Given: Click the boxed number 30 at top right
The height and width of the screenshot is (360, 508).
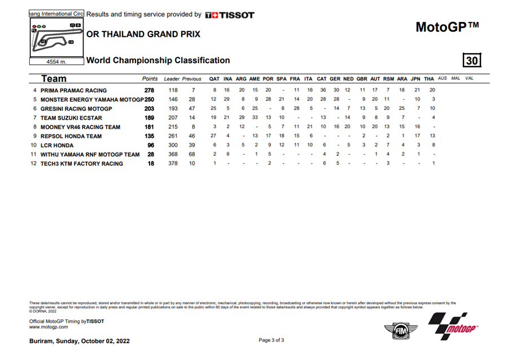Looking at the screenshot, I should coord(471,60).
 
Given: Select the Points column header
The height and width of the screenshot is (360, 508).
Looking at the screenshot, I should coord(150,78).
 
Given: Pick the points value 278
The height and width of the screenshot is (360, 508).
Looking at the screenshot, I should coord(150,90).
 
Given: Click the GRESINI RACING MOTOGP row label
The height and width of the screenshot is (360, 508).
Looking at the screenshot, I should coord(76,108).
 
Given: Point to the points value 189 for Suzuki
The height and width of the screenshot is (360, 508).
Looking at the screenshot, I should coord(150,118).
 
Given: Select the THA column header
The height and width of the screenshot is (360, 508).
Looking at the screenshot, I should coord(429,78).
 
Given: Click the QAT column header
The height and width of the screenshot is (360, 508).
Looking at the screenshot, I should coord(214,78).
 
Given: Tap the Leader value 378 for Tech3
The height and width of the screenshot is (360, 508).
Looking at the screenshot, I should coord(173,164).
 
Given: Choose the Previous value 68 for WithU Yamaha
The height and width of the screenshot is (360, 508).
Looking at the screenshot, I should coord(192,154).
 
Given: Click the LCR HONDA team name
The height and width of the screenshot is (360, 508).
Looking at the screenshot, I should coord(58,145).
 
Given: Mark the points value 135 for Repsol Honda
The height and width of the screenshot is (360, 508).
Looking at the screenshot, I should coord(150,136).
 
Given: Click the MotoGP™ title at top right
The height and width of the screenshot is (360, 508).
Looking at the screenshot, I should coord(447,27).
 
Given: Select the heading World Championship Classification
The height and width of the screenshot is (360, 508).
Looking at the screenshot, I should coord(158,60).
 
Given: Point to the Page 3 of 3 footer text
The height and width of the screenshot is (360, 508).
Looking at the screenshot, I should coord(271,340).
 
